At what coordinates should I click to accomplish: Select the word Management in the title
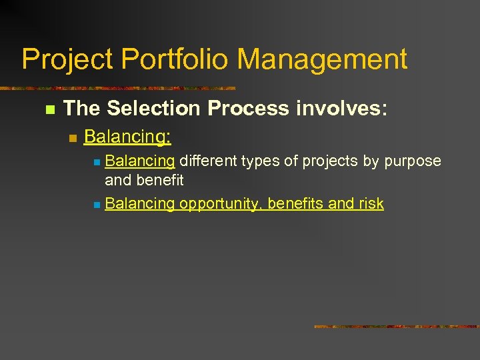(323, 59)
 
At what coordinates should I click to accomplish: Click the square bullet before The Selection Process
(48, 109)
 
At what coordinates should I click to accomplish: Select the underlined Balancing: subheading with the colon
(128, 137)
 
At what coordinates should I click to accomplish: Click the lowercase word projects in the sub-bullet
(320, 161)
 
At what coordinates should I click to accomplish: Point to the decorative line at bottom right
(397, 327)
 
